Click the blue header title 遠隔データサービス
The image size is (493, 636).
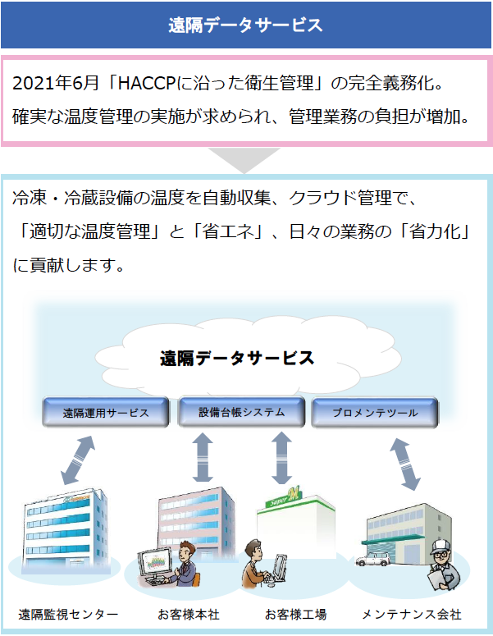[245, 25]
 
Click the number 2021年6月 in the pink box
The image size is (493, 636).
[56, 83]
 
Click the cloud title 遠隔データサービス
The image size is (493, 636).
[237, 358]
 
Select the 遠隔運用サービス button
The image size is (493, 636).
[106, 412]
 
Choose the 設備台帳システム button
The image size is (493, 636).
[242, 412]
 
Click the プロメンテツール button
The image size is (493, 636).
[375, 412]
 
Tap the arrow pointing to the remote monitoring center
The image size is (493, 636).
[78, 460]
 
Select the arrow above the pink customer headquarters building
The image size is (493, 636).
[203, 457]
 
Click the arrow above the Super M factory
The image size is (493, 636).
[281, 458]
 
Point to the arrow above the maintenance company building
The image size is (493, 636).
[405, 464]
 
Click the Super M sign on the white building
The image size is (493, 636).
[284, 497]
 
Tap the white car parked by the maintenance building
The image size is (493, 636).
[373, 558]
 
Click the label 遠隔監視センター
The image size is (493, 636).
[68, 615]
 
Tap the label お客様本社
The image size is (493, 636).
[189, 615]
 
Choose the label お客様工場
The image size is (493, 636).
[295, 615]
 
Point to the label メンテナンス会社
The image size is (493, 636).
[412, 615]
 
